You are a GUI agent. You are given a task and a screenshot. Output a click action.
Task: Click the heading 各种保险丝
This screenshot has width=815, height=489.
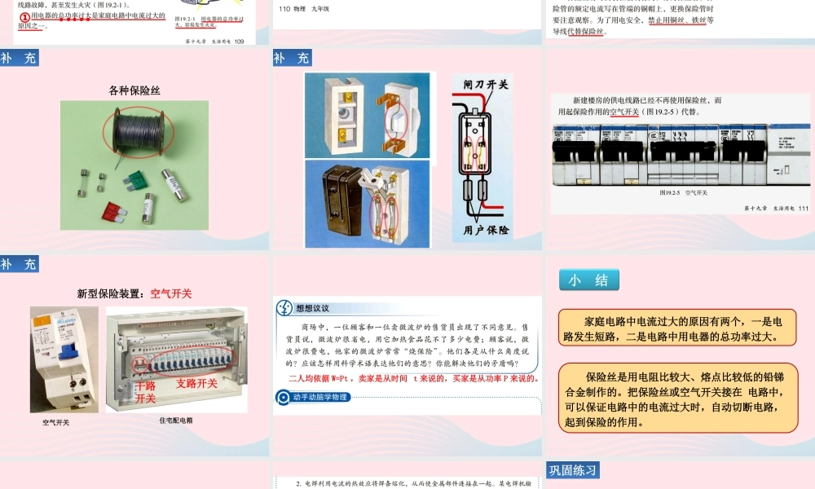point(134,90)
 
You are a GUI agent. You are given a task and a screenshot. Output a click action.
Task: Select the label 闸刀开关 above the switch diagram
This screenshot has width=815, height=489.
point(486,84)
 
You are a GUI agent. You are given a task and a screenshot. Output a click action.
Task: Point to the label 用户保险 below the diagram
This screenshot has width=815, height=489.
point(486,231)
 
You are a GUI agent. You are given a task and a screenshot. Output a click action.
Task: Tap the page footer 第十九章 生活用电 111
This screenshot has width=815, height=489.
point(775,209)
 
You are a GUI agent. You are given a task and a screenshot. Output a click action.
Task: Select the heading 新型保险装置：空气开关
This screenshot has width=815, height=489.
point(134,293)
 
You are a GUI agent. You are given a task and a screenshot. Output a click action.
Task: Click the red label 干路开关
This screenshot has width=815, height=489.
point(145,392)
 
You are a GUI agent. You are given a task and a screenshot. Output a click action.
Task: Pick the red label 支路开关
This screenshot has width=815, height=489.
point(196,383)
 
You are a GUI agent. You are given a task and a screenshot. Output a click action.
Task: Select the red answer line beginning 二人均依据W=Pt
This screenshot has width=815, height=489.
point(414,379)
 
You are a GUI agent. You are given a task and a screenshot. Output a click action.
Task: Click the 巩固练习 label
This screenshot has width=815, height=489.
point(574,470)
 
